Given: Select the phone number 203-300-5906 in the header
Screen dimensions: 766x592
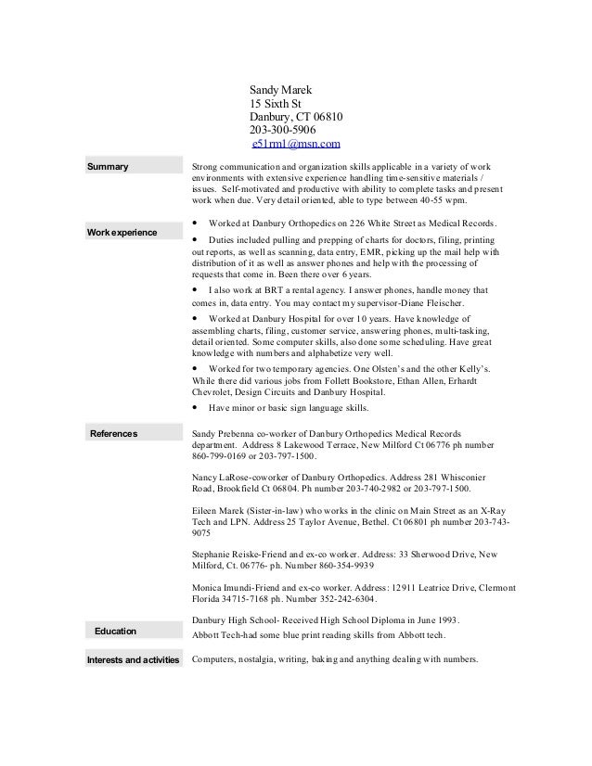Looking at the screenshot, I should (283, 130).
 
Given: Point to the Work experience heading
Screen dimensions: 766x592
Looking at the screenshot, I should (122, 230).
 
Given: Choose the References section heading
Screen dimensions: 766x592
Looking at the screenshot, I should (114, 433).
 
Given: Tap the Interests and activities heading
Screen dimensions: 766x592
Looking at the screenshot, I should (130, 660).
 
